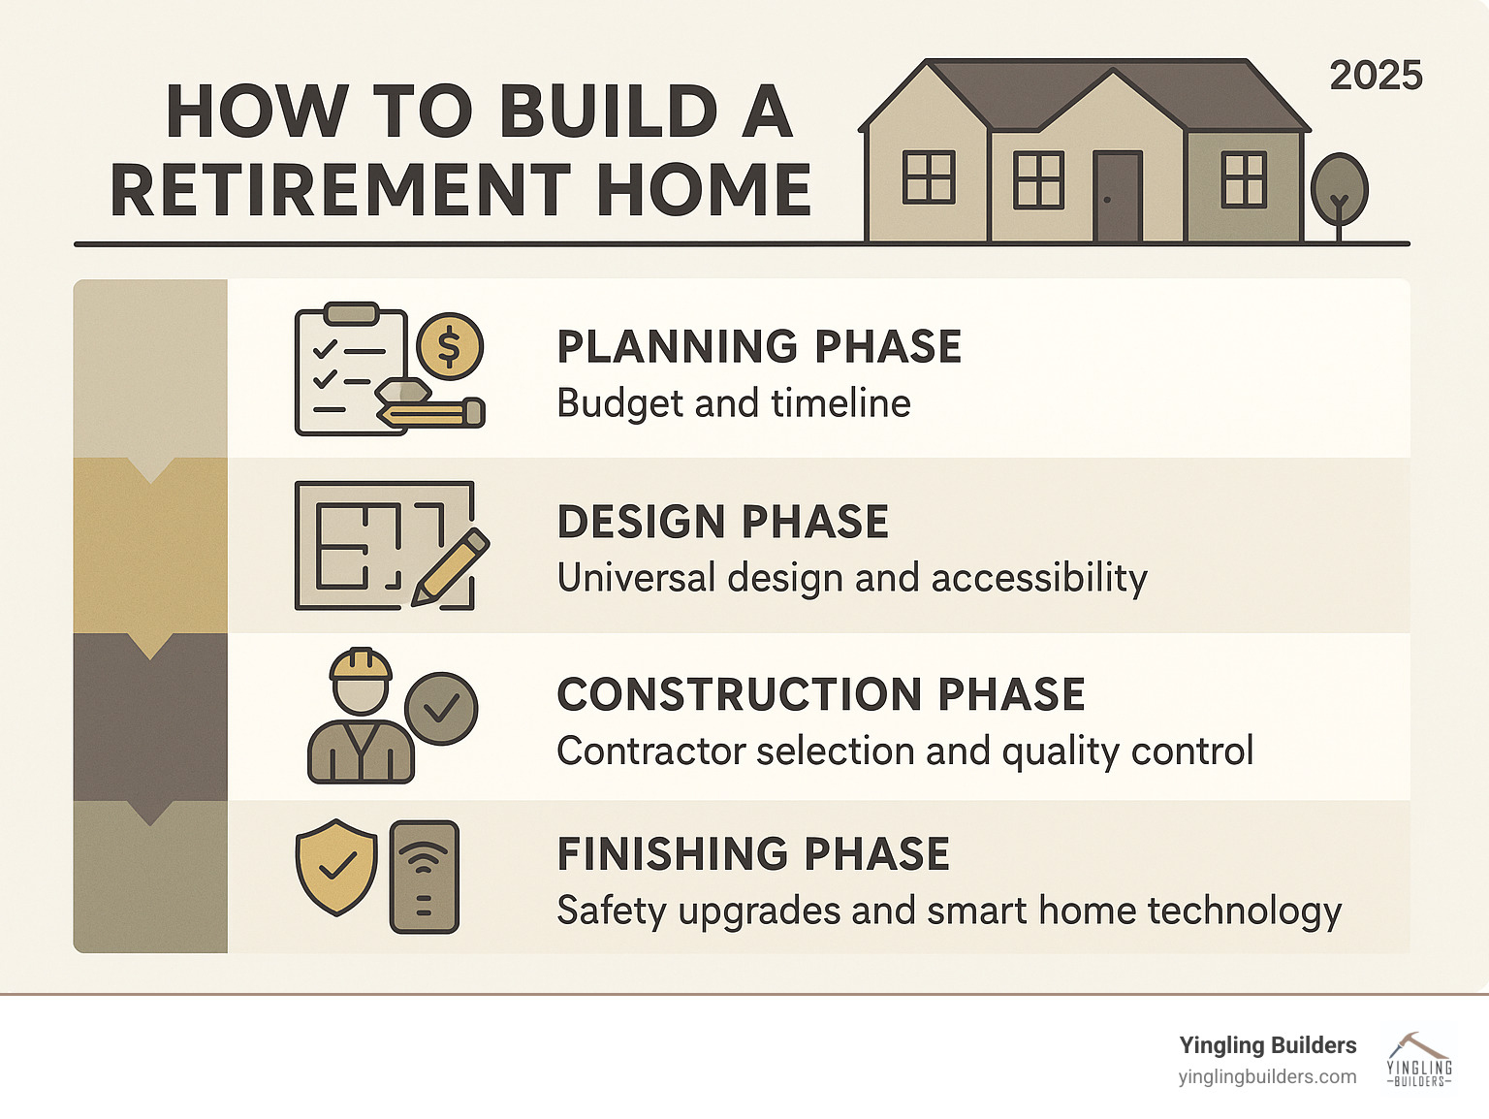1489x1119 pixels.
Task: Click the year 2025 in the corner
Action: [x=1376, y=76]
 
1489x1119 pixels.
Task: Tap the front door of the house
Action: [x=1118, y=197]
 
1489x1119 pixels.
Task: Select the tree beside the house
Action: [x=1339, y=196]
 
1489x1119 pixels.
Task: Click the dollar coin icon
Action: [x=449, y=346]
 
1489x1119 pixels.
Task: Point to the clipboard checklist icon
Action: [x=351, y=368]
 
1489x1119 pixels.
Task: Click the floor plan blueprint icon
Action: [x=385, y=546]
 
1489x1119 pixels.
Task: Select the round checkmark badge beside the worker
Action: [x=442, y=709]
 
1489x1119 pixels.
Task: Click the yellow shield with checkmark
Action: [x=336, y=867]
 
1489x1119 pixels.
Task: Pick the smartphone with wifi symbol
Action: [x=425, y=877]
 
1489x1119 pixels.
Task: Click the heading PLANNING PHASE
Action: [x=759, y=347]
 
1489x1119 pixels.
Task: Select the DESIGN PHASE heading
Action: [x=722, y=521]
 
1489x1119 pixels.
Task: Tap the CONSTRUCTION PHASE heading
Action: [x=821, y=694]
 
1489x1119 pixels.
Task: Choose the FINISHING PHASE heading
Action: [x=753, y=853]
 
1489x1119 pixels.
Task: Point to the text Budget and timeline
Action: [x=733, y=403]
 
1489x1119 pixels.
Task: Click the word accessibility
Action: [x=1039, y=578]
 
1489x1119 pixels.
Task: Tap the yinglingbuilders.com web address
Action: [x=1267, y=1077]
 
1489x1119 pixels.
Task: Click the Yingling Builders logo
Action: [x=1419, y=1061]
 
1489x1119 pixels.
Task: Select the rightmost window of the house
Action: [x=1244, y=179]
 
